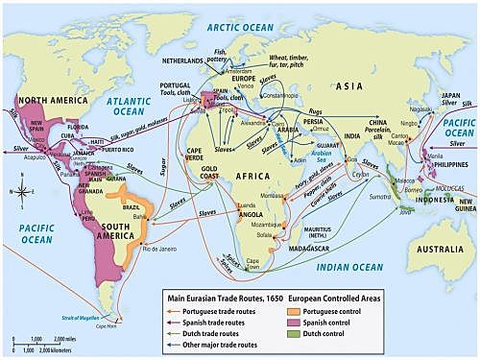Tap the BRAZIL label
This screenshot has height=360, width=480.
(130, 207)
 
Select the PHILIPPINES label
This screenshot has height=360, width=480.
(447, 138)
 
